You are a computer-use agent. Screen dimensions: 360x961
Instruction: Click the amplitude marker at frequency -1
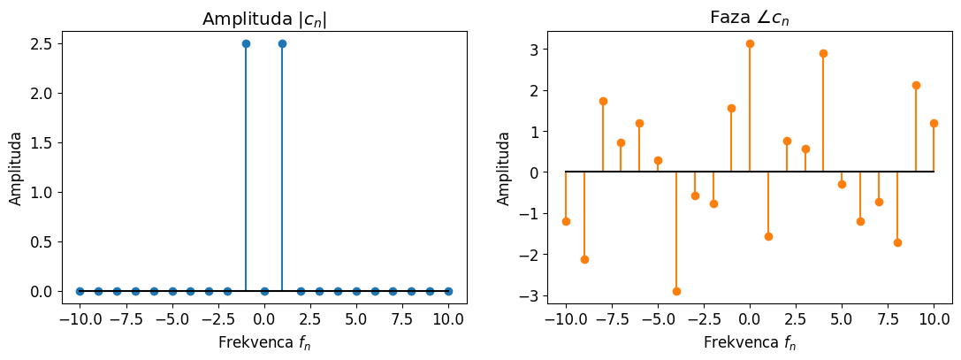(x=246, y=43)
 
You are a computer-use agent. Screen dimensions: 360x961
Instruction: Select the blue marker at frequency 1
(x=282, y=43)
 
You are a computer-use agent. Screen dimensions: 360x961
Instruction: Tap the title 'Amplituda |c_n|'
(x=264, y=19)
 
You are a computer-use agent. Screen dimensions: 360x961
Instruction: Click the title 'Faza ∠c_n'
(x=750, y=18)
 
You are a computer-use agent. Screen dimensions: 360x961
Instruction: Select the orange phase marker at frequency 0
(x=750, y=43)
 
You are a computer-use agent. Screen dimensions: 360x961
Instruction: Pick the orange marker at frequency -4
(x=676, y=291)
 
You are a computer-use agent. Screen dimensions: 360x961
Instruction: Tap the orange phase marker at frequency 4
(x=823, y=53)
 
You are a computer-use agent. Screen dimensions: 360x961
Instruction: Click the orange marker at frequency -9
(x=584, y=259)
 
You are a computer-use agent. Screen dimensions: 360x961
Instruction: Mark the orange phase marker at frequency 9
(x=916, y=85)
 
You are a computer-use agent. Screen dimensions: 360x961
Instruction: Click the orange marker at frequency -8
(x=603, y=101)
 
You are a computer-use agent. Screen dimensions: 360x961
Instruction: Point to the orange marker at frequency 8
(x=897, y=242)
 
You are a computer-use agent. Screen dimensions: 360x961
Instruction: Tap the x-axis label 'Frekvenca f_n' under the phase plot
(x=750, y=343)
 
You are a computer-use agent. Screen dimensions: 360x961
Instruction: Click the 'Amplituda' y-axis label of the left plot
(x=16, y=168)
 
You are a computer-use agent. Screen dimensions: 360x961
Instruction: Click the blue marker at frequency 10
(x=448, y=291)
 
